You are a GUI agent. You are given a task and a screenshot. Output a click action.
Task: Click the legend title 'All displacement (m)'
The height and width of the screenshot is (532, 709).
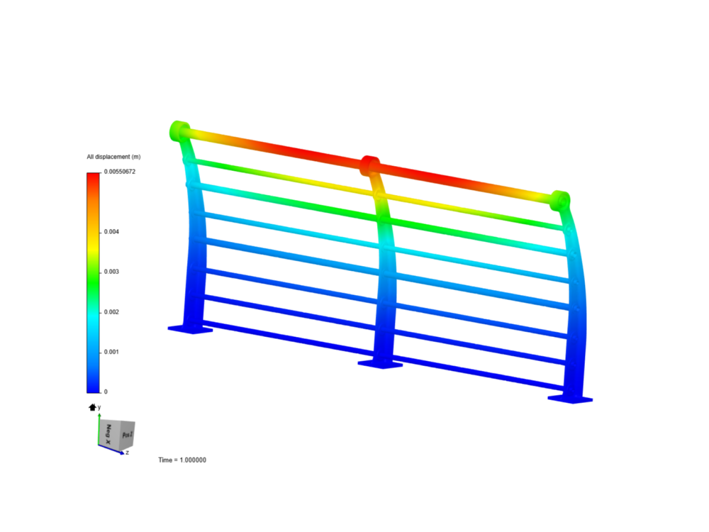tap(113, 157)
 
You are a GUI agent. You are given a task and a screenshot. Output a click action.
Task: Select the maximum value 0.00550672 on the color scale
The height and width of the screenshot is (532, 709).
tap(119, 172)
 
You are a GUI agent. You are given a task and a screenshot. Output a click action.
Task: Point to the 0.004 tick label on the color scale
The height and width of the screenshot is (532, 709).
tap(111, 232)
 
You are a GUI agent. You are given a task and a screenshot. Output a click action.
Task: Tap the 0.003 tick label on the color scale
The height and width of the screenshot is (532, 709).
tap(111, 272)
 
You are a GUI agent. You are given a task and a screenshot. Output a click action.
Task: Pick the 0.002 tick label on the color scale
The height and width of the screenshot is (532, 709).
tap(111, 311)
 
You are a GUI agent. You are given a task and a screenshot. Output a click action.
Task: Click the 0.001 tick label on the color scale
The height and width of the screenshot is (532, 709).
tap(111, 352)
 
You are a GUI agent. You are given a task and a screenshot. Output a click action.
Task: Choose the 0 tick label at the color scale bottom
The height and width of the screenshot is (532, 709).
tap(106, 392)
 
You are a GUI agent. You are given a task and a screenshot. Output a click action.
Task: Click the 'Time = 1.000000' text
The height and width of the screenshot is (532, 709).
tap(182, 460)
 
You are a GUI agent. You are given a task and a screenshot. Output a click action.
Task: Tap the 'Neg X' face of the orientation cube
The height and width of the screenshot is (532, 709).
tap(108, 434)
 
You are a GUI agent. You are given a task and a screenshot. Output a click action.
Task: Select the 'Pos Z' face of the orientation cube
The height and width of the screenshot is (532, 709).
tap(128, 435)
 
